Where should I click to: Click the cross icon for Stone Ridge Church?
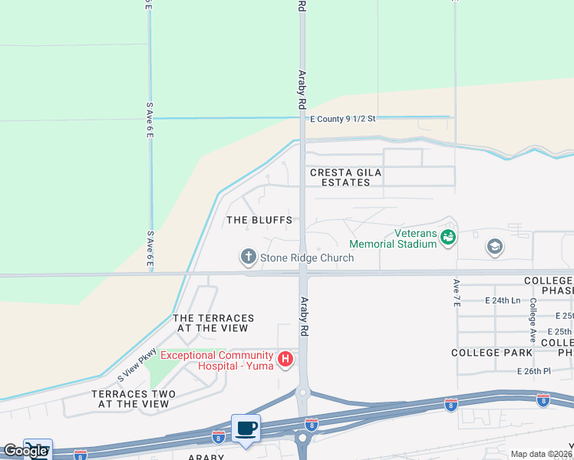(x=248, y=257)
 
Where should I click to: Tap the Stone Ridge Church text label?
(x=307, y=258)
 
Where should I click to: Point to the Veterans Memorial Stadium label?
(x=393, y=238)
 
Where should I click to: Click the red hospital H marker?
(x=285, y=359)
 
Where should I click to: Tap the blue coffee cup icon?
(x=246, y=428)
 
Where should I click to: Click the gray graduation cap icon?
(x=495, y=247)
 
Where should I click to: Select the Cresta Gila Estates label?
(x=345, y=177)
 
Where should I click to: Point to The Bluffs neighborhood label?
(x=259, y=220)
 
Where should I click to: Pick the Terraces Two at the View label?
(x=134, y=399)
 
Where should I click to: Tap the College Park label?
(x=492, y=353)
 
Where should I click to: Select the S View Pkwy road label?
(x=137, y=366)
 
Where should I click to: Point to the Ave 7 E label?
(x=457, y=294)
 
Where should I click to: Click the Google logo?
(x=25, y=451)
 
